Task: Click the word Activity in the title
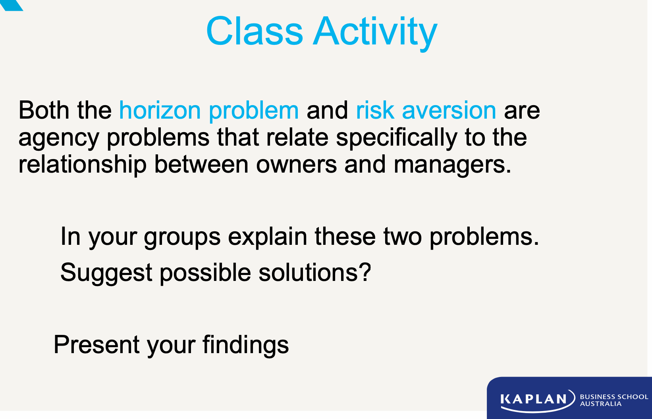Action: (375, 32)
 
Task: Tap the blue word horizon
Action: (160, 110)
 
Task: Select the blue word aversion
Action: (449, 110)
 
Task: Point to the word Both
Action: (44, 110)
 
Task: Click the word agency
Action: (58, 138)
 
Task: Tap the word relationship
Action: (82, 165)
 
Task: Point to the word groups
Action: (182, 237)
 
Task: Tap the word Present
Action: (96, 345)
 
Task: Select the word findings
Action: (245, 345)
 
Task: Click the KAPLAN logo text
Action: (533, 399)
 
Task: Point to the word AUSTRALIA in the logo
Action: (600, 404)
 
